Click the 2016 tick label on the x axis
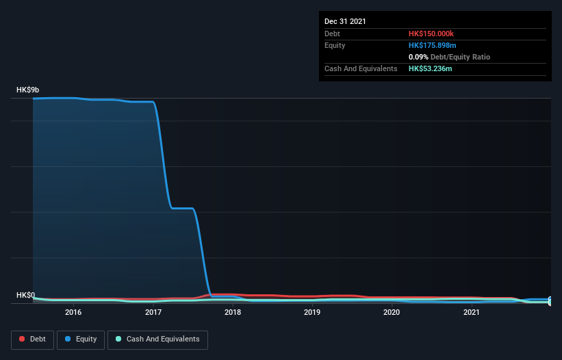pos(73,312)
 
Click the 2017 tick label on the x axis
pos(153,312)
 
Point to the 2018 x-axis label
pos(233,312)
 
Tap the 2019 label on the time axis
pos(312,312)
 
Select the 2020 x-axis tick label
pos(392,312)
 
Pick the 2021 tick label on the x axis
pos(471,312)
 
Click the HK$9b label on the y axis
pos(28,90)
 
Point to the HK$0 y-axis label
pos(26,296)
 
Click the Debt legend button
pos(31,339)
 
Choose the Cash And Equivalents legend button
pos(157,339)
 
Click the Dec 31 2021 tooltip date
pos(345,21)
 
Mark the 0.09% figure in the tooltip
pos(418,57)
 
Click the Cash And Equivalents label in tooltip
pos(361,68)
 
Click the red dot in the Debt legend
pos(23,339)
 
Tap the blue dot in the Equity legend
pos(68,339)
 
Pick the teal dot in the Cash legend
pos(119,339)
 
